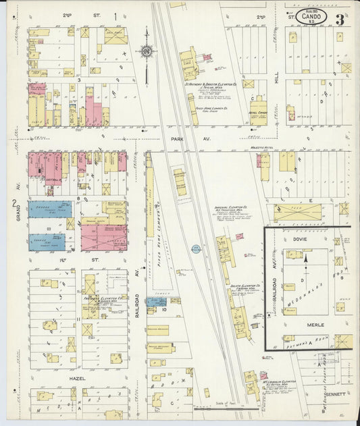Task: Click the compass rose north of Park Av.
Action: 147,51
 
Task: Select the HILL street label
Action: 277,82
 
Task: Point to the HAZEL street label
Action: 77,379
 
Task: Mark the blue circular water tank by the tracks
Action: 196,249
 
